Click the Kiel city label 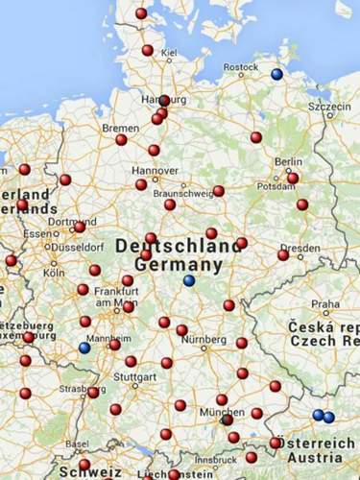170,53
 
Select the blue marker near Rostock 276,74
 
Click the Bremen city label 120,128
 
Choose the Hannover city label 142,171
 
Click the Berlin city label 288,162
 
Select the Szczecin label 329,107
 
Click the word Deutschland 178,246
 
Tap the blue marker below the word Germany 189,280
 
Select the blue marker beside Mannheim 84,348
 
